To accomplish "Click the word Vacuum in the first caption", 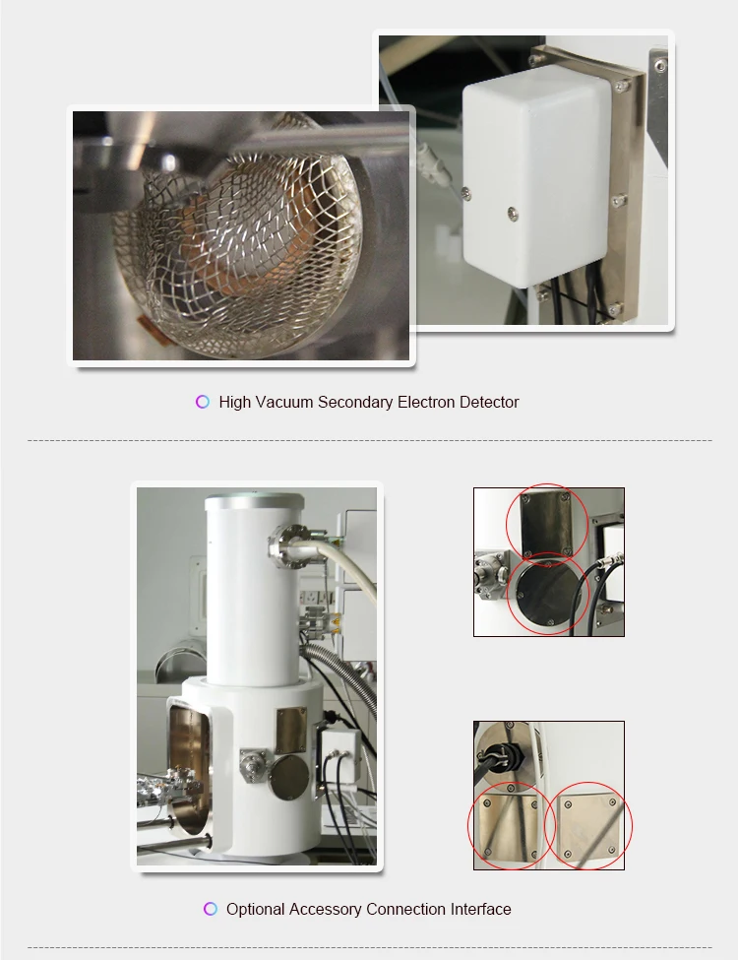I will (283, 402).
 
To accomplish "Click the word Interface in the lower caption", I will (480, 909).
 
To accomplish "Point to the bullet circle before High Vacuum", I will (203, 402).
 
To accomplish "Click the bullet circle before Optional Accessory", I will (211, 909).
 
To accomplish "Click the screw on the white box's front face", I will (513, 212).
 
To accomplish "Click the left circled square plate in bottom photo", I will (507, 825).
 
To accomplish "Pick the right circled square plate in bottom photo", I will (589, 825).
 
